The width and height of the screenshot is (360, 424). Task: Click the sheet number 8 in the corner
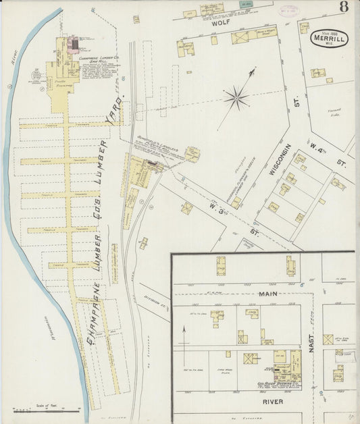[x=344, y=8]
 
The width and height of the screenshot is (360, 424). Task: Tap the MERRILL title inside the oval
[x=329, y=38]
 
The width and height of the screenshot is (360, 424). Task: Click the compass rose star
[x=236, y=99]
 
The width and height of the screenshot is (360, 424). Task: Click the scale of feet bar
[x=46, y=408]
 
